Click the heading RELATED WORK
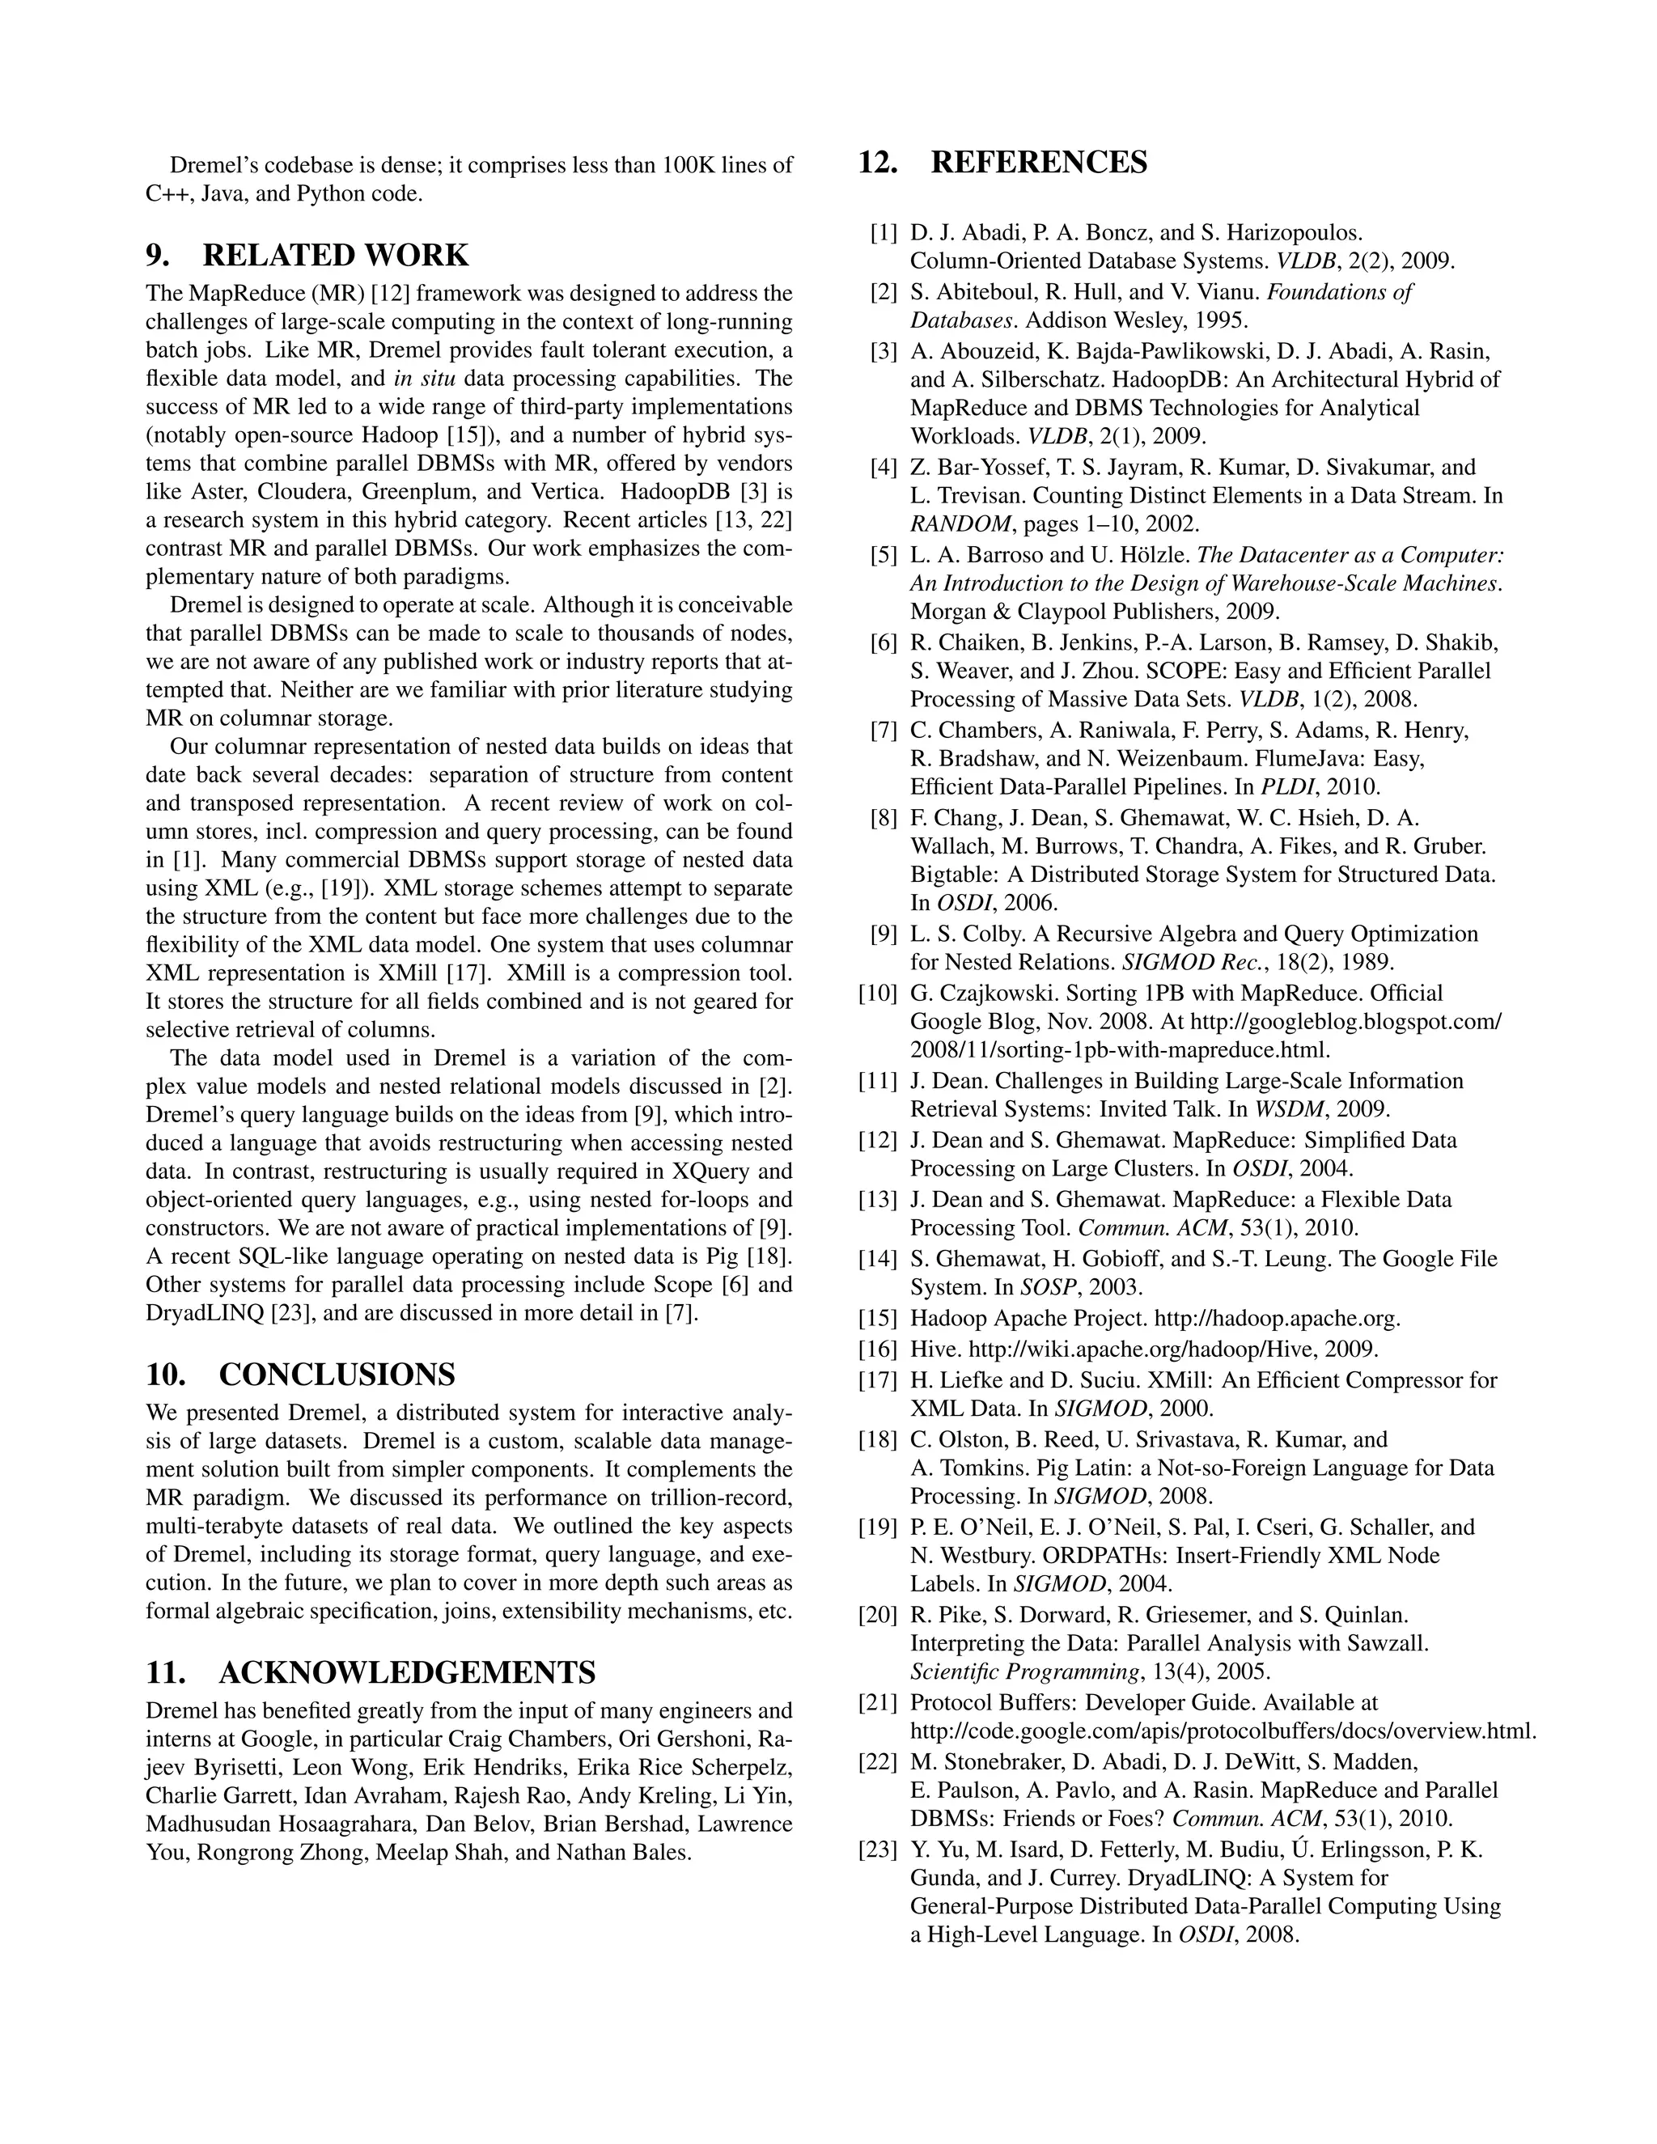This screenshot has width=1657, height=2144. pyautogui.click(x=335, y=255)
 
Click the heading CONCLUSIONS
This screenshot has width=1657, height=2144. pyautogui.click(x=337, y=1375)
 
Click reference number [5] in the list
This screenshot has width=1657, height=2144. pyautogui.click(x=884, y=556)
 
